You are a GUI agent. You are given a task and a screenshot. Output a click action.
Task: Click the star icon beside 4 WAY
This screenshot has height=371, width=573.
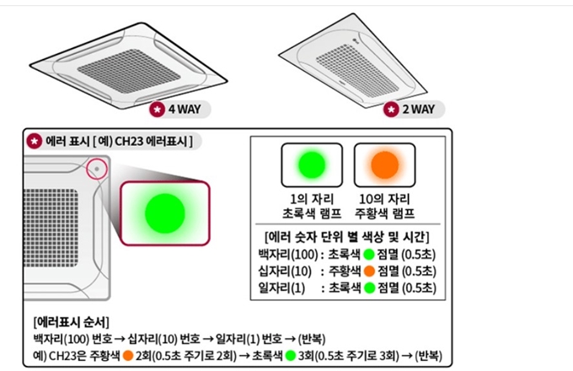(158, 110)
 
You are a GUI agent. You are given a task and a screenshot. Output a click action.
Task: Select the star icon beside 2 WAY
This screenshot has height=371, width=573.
(391, 110)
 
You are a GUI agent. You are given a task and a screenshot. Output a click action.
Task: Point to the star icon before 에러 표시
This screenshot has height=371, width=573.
(34, 141)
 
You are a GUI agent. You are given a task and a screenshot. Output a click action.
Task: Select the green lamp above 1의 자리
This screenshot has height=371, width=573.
(311, 164)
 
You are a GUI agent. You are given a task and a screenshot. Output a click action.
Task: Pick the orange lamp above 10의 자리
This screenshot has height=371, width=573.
(384, 164)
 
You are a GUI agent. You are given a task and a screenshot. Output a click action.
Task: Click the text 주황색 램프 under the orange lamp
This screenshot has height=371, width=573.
(385, 213)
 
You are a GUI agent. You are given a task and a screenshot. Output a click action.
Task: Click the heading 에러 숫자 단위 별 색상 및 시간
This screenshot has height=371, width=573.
(348, 236)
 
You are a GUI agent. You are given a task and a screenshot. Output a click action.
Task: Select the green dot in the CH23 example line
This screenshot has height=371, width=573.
(291, 355)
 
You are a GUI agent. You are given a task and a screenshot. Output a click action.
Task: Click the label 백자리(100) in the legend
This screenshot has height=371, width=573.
(286, 255)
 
